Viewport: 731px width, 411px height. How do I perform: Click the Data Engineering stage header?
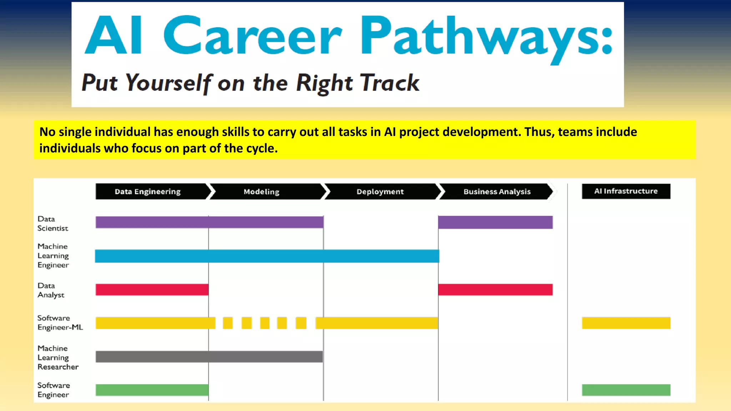[x=148, y=192]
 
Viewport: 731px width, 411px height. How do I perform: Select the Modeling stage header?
[x=262, y=192]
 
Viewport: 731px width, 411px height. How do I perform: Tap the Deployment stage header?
[x=380, y=192]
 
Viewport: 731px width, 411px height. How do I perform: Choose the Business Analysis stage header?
[x=497, y=192]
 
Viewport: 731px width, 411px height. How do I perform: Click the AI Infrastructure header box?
[x=626, y=191]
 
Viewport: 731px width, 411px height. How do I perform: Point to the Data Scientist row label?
[x=52, y=224]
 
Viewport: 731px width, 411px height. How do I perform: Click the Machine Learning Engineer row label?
[x=53, y=256]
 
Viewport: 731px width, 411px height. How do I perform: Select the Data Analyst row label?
[x=51, y=290]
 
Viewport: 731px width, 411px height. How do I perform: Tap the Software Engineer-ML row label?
[x=60, y=323]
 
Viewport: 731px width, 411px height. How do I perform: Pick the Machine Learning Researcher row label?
[x=58, y=357]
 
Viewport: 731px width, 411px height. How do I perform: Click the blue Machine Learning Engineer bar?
[x=267, y=256]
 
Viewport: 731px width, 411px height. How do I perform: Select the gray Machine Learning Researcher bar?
[x=209, y=357]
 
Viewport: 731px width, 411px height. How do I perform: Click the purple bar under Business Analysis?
[x=495, y=222]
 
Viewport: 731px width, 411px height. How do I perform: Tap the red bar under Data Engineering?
[x=152, y=290]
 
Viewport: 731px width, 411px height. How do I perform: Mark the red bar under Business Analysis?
[x=495, y=290]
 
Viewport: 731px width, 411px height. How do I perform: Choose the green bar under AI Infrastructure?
[x=626, y=390]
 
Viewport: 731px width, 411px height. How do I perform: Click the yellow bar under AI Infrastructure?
[x=626, y=323]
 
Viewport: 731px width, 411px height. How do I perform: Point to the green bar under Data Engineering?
[x=152, y=390]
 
